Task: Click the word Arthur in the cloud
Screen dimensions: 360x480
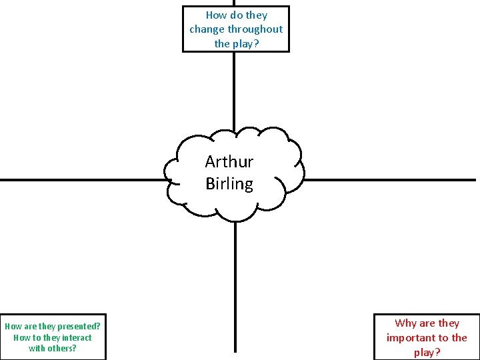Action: [229, 161]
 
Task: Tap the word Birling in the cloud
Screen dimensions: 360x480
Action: [229, 183]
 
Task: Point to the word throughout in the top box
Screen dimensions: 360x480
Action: [255, 29]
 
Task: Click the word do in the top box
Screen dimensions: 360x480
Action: [236, 15]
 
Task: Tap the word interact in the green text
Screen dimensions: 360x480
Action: [77, 337]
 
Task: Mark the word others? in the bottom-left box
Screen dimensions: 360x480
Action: [62, 348]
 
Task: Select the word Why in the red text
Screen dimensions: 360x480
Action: [405, 323]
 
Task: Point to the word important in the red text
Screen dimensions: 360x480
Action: [409, 338]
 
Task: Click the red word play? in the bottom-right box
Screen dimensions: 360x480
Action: [428, 352]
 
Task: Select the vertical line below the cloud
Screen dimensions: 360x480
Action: [235, 287]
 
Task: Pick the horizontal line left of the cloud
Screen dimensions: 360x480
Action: [80, 180]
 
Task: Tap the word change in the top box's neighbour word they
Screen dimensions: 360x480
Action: [256, 15]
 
